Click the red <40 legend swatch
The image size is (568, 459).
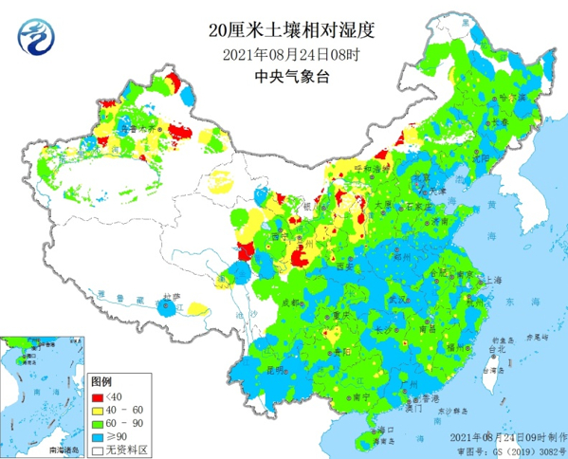click(97, 395)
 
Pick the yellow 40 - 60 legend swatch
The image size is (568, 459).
click(97, 408)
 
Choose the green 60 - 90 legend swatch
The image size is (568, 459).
click(97, 421)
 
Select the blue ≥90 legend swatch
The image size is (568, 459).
click(97, 434)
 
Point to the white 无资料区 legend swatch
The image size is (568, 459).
click(97, 448)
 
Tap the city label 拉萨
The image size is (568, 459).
click(171, 297)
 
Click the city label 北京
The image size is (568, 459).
click(419, 177)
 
